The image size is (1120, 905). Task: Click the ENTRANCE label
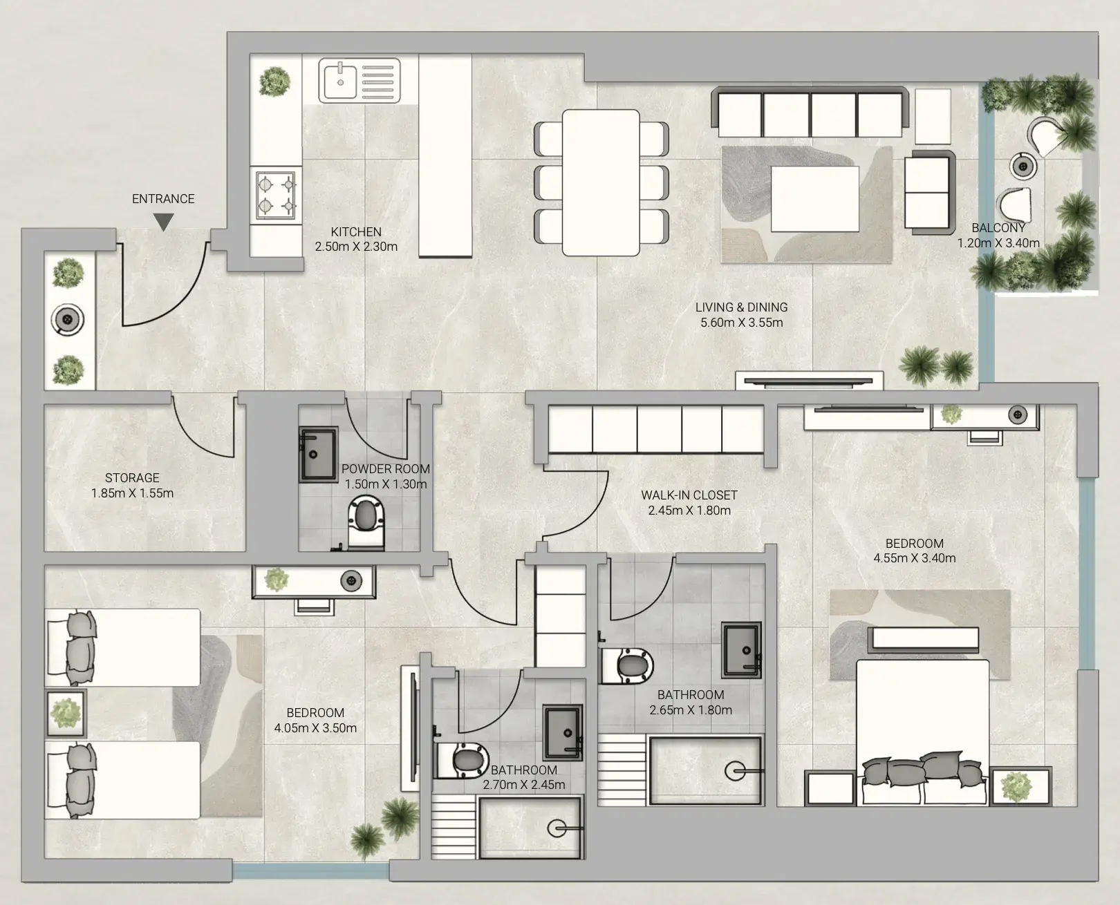pos(163,199)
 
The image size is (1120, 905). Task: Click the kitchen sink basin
pos(340,80)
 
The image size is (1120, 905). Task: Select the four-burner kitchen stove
pos(276,195)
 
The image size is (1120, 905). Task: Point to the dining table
pos(601,182)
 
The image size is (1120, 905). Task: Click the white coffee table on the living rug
pos(815,199)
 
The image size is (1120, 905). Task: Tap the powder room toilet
pos(366,523)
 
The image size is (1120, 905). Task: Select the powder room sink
pos(319,455)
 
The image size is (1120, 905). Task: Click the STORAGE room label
pos(132,478)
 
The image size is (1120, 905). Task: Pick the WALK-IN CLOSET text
pos(689,495)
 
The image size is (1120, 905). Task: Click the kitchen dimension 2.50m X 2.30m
pos(356,247)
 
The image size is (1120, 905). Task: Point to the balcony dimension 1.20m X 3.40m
pos(998,243)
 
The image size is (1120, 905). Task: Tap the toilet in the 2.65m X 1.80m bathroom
pos(627,665)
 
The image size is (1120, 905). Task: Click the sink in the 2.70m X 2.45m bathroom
pos(563,733)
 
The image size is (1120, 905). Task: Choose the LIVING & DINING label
pos(741,307)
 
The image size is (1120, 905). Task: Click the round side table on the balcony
pos(1023,167)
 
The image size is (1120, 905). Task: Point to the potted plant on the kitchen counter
pos(274,82)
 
